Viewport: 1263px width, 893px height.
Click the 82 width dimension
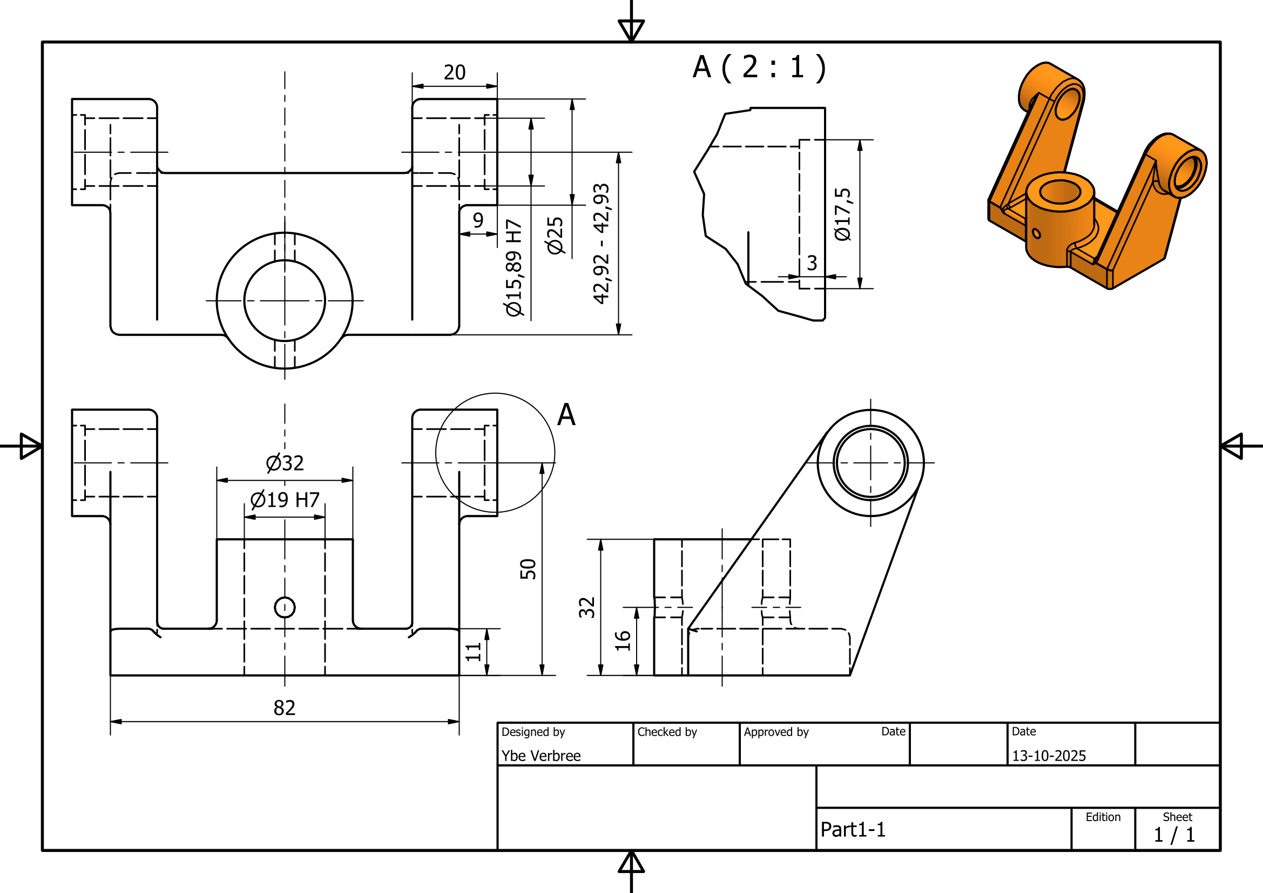coord(285,708)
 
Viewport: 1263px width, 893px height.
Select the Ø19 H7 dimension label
coord(285,500)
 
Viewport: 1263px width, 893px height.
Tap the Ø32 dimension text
coord(285,463)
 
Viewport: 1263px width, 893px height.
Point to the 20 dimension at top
coord(454,72)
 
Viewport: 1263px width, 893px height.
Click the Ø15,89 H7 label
coord(513,268)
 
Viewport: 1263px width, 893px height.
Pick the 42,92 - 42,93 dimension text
coord(601,243)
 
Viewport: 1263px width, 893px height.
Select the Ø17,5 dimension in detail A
coord(843,214)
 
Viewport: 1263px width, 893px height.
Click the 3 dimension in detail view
coord(812,263)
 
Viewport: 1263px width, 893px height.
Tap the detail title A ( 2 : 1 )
coord(759,67)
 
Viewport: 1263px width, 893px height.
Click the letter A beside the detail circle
coord(566,414)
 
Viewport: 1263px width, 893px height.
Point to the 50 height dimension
coord(528,569)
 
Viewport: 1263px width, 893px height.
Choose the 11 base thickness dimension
coord(473,652)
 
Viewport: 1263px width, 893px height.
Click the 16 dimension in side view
coord(622,641)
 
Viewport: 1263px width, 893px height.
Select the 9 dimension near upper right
coord(478,220)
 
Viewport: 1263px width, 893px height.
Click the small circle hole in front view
coord(285,607)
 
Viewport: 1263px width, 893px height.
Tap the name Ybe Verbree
coord(541,755)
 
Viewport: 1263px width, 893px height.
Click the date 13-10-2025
coord(1049,755)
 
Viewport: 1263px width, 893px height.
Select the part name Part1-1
coord(853,829)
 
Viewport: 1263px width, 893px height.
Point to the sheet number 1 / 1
coord(1174,835)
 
